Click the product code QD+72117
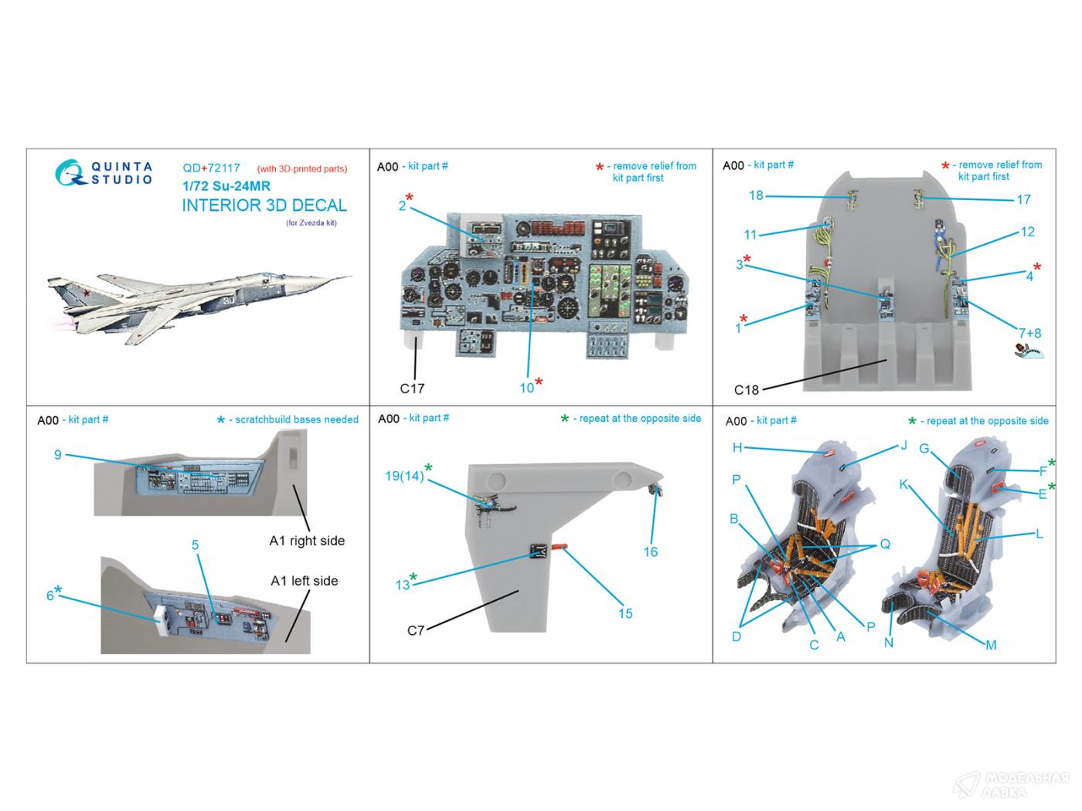[211, 168]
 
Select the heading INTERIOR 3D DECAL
[264, 205]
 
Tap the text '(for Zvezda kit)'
[311, 223]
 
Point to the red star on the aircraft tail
[87, 294]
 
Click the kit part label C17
[412, 389]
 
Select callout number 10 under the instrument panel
[526, 388]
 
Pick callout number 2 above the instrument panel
[402, 205]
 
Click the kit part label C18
[746, 390]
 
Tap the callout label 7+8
[1029, 334]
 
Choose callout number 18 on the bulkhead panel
[756, 195]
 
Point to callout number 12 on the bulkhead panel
[1027, 232]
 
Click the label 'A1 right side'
[307, 541]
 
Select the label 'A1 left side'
[304, 581]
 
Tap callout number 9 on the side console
[58, 454]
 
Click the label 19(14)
[404, 477]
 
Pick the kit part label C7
[416, 630]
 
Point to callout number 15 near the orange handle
[625, 613]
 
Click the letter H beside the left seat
[737, 448]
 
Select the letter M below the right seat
[991, 645]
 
